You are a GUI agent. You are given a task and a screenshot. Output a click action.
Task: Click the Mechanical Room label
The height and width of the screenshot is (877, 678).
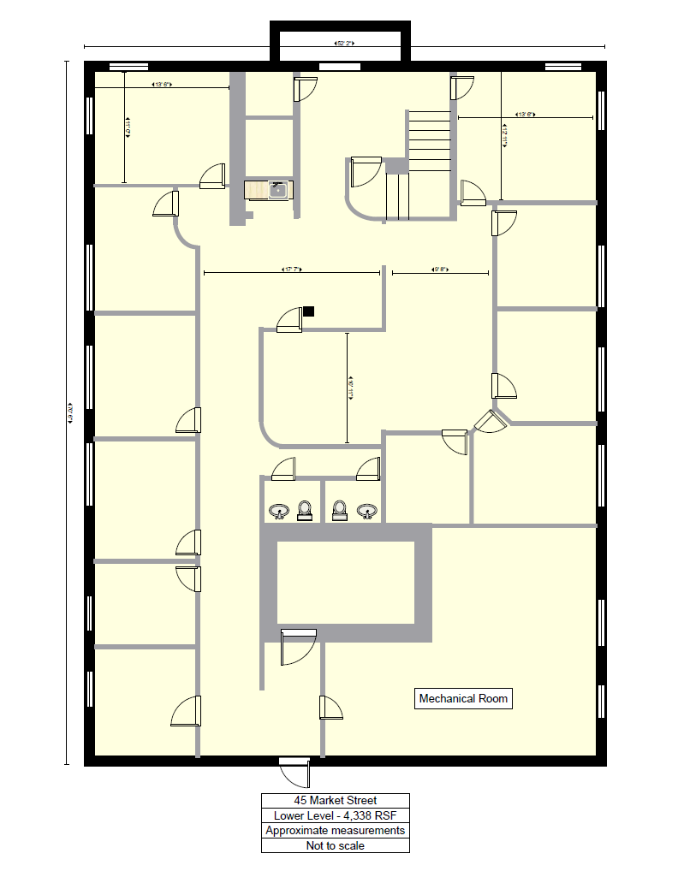point(463,699)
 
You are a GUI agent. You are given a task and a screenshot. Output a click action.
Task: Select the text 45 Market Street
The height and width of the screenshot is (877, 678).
point(335,801)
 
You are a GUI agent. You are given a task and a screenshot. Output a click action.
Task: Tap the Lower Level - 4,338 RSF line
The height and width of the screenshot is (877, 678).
point(335,815)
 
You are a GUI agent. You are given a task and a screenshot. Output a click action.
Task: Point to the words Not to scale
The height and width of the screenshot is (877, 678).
point(335,845)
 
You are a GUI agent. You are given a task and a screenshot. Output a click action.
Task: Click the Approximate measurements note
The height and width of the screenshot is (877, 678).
point(335,830)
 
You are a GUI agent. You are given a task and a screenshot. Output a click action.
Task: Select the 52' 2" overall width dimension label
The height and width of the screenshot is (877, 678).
point(345,43)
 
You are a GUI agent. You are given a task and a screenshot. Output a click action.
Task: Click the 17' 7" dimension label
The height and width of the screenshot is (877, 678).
point(291,272)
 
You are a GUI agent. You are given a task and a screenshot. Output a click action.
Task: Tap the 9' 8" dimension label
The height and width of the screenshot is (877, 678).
point(440,272)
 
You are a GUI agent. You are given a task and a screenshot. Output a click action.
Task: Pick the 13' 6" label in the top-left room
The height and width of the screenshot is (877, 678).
point(162,85)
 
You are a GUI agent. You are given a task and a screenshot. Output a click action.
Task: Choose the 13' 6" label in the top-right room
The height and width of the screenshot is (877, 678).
point(525,115)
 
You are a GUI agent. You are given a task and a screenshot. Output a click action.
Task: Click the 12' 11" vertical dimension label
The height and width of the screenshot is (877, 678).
point(505,136)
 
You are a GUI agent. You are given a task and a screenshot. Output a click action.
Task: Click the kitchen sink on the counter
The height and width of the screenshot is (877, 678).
point(277,189)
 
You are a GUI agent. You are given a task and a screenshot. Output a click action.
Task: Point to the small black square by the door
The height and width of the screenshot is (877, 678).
point(309,311)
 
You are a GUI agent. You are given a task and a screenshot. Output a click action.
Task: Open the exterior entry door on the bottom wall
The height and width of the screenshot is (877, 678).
point(296,773)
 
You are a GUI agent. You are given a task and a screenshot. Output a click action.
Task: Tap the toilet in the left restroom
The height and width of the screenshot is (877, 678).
point(305,511)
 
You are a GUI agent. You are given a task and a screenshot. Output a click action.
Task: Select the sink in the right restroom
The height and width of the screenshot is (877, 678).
point(367,512)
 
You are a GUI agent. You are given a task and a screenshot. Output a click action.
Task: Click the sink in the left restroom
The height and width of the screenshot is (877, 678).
point(278,512)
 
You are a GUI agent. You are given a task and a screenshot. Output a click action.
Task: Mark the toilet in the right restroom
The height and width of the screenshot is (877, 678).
point(340,511)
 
